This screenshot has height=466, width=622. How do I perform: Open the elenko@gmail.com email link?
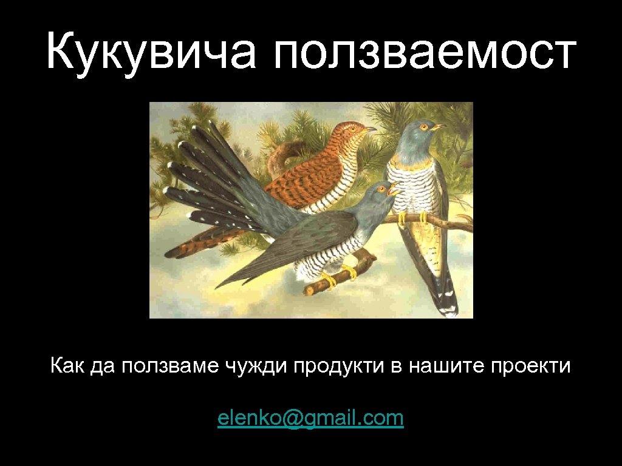(x=310, y=418)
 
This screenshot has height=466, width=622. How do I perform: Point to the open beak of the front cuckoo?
(x=394, y=190)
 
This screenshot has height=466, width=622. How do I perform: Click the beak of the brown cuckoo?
(x=371, y=129)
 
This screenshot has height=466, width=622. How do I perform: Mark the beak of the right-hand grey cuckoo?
(x=439, y=127)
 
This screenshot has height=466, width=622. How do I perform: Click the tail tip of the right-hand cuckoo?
(x=449, y=309)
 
